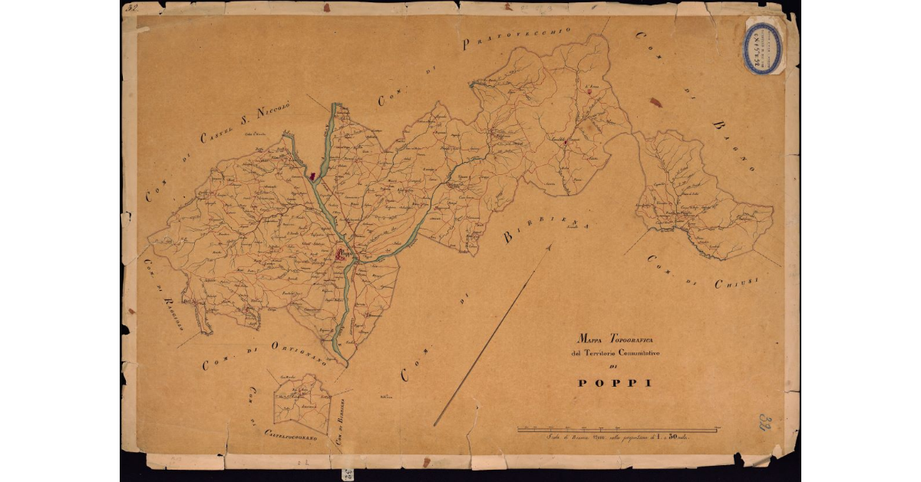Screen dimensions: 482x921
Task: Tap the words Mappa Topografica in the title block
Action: coord(612,338)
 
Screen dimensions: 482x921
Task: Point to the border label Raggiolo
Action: coord(171,308)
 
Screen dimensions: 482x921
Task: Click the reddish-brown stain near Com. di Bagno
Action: coord(655,101)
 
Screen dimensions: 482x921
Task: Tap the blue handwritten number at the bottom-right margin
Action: coord(765,422)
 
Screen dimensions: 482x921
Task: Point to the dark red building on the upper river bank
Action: coord(312,177)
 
